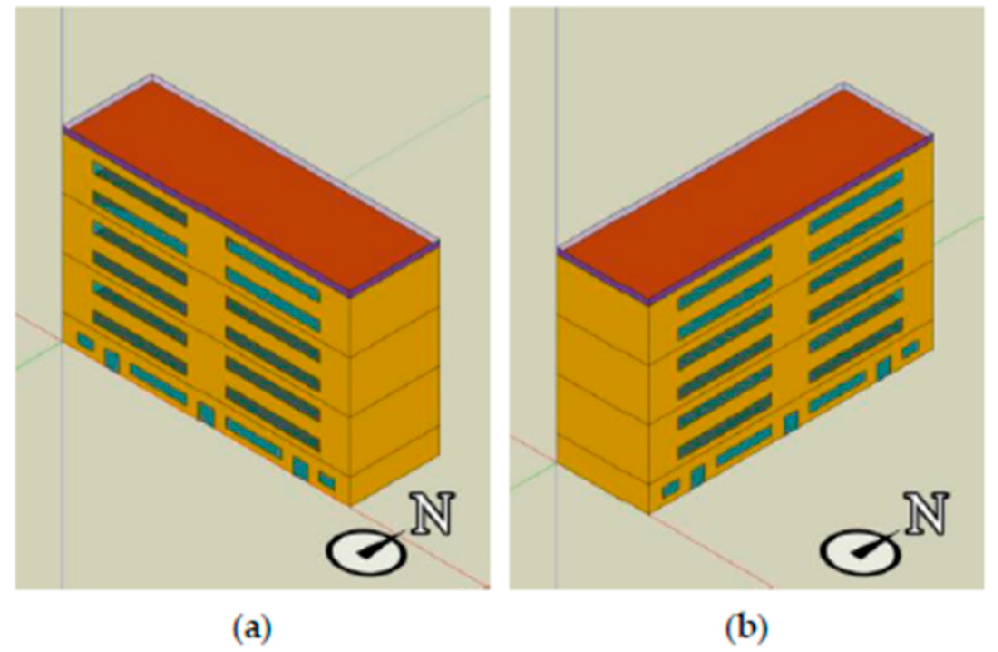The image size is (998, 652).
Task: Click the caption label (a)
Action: click(252, 629)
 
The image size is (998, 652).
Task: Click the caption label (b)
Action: click(746, 629)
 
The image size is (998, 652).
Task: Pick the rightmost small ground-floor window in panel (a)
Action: click(326, 480)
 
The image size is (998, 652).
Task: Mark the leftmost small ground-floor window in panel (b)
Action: click(670, 489)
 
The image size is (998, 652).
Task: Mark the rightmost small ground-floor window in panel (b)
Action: click(909, 349)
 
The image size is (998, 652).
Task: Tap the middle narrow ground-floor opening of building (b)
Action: click(791, 422)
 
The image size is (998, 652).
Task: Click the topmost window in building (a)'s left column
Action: click(140, 194)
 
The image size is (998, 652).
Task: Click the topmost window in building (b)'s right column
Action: click(856, 201)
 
